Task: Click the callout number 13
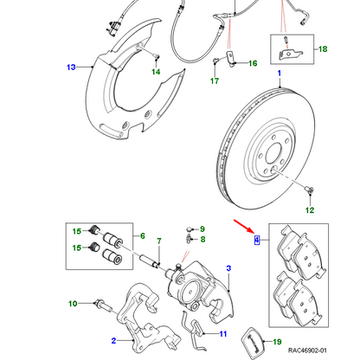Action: tap(72, 66)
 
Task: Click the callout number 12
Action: tap(310, 209)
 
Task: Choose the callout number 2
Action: tap(112, 341)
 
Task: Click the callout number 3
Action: tap(228, 270)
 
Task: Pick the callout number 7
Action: tap(158, 241)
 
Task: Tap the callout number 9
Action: tap(205, 228)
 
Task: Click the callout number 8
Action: tap(205, 239)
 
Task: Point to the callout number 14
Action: tap(156, 74)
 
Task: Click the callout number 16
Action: tap(253, 63)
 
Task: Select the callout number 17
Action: tap(214, 82)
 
